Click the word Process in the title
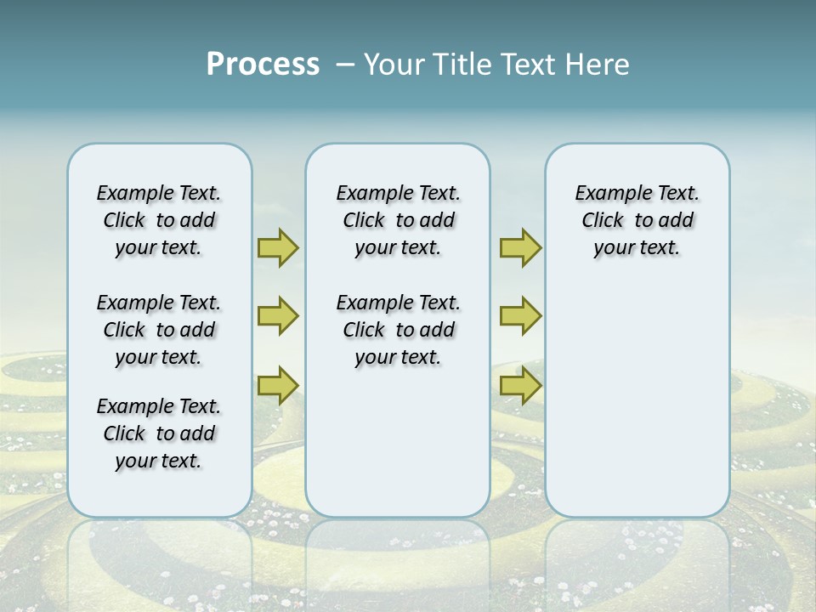coord(263,65)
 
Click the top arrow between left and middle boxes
coord(278,248)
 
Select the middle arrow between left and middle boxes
coord(278,316)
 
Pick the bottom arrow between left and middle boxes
coord(278,385)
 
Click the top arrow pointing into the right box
coord(520,248)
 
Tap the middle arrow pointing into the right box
coord(520,316)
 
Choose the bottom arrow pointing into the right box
coord(520,385)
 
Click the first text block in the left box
coord(159,220)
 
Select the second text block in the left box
coord(159,330)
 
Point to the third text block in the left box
coord(159,433)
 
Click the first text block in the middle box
coord(398,220)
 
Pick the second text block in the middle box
coord(398,330)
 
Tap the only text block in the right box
coord(637,220)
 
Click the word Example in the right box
coord(605,194)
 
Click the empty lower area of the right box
coord(637,399)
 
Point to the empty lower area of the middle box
coord(398,442)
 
